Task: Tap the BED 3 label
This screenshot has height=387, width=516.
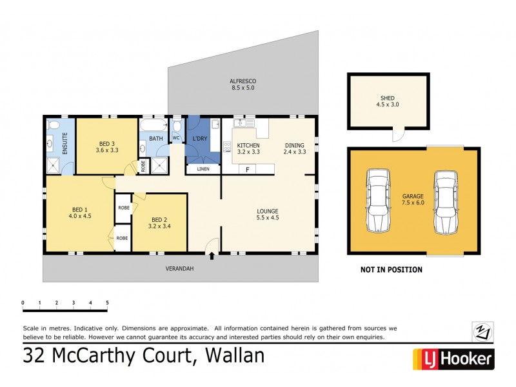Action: click(x=107, y=143)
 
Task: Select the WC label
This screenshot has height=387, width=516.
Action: click(x=175, y=138)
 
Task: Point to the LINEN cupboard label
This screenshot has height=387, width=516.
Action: click(x=203, y=170)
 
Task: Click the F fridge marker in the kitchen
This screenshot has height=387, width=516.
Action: click(x=248, y=170)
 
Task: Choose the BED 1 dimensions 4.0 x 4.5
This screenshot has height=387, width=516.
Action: click(x=81, y=217)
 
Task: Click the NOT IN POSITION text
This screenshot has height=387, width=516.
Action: click(x=391, y=270)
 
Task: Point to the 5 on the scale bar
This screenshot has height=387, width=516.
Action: click(x=107, y=302)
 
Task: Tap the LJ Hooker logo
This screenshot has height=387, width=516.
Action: click(x=453, y=359)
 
